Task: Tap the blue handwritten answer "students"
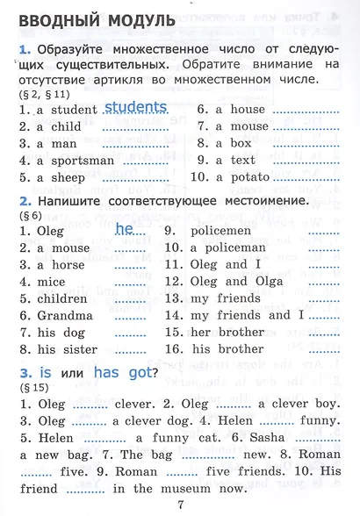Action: coord(135,108)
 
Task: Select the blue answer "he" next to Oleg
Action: coord(124,229)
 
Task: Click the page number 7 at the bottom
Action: coord(180,504)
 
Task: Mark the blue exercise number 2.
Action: coord(24,201)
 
